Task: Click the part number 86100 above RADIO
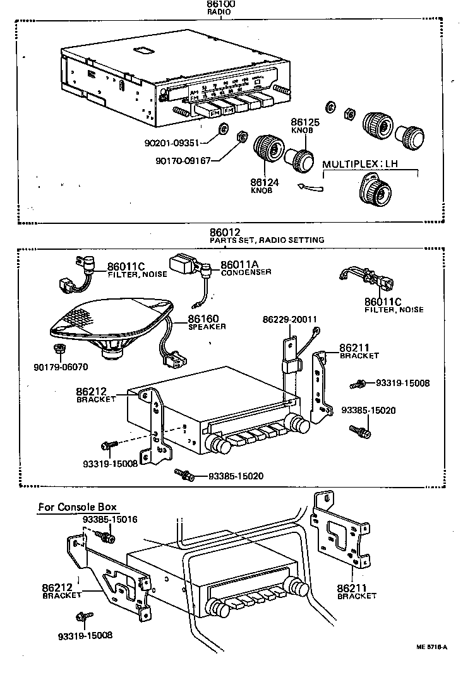pyautogui.click(x=221, y=4)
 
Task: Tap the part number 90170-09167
pyautogui.click(x=183, y=160)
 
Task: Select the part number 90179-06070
pyautogui.click(x=61, y=365)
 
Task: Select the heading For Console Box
pyautogui.click(x=77, y=506)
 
